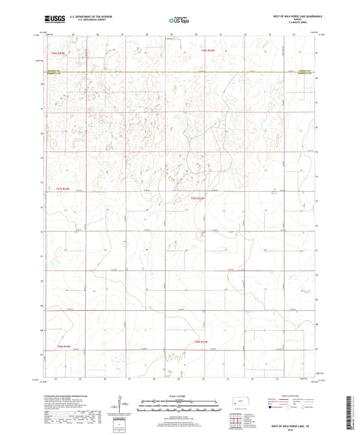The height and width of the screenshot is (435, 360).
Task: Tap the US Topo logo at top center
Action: pyautogui.click(x=180, y=21)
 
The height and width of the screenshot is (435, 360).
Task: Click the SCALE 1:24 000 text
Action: pyautogui.click(x=180, y=396)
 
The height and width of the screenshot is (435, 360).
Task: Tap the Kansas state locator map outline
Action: pyautogui.click(x=240, y=404)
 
